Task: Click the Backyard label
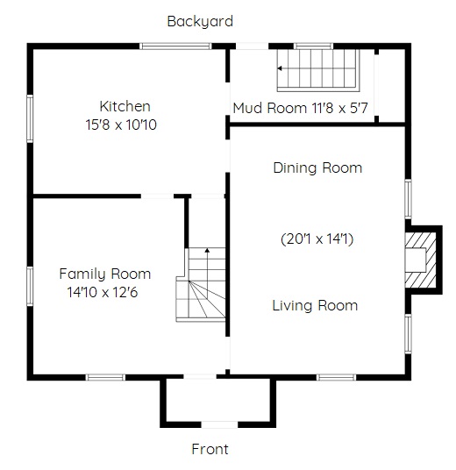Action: (200, 22)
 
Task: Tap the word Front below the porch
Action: (210, 449)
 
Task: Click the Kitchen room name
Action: (125, 106)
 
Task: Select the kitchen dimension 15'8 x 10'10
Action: (121, 125)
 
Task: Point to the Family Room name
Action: (105, 274)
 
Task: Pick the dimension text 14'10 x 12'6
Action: (103, 292)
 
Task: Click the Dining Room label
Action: (317, 167)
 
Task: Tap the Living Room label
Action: (315, 306)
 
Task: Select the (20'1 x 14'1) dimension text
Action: (317, 239)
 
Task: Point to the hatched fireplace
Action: (420, 260)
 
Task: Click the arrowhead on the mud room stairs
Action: (280, 68)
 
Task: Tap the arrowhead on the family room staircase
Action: (207, 250)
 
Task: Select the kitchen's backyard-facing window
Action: (175, 46)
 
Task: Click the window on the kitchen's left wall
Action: (30, 118)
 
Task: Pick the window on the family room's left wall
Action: (30, 286)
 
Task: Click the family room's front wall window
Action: (105, 377)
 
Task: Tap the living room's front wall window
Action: (337, 377)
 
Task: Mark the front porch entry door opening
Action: (219, 424)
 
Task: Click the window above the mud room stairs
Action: (313, 46)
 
